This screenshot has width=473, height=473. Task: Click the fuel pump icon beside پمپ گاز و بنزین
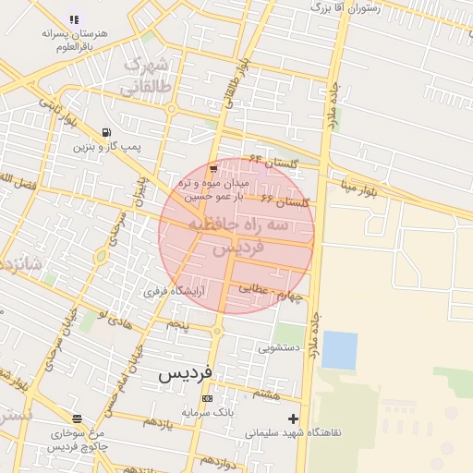108,131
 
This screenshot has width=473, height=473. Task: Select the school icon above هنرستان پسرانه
74,18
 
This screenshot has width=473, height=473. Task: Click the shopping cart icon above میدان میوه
213,169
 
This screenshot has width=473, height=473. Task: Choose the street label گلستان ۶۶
284,200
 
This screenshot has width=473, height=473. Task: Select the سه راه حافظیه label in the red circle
238,225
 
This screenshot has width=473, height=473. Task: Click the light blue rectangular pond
339,350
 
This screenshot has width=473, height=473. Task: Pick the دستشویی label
277,348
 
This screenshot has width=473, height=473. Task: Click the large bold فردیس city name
185,373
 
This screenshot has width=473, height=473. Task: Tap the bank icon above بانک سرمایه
207,398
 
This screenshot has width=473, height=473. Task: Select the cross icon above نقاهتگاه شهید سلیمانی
294,418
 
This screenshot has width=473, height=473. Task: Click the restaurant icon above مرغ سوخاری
77,418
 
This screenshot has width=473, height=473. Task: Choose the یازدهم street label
156,422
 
